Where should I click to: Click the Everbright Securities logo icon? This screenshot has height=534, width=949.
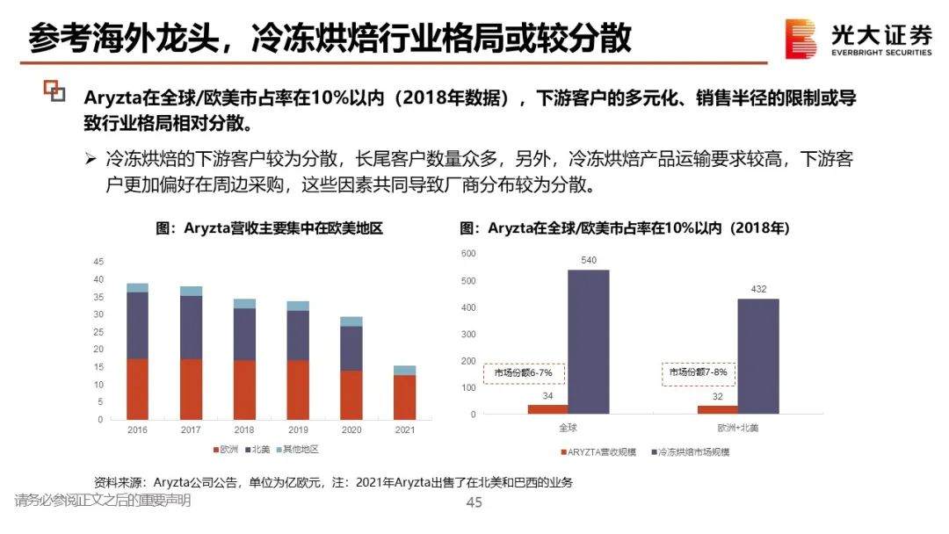[x=800, y=40]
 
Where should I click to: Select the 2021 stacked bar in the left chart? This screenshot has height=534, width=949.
[x=404, y=393]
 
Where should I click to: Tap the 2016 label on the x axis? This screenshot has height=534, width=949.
[x=137, y=430]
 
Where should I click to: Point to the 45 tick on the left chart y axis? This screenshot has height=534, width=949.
[x=98, y=262]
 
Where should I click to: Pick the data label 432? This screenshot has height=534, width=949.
[x=757, y=288]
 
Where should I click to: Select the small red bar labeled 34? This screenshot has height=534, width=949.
[x=547, y=408]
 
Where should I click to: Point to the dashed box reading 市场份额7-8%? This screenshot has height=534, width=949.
[x=698, y=372]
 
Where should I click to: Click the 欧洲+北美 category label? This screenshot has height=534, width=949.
[x=737, y=428]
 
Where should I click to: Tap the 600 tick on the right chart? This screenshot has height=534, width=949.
[x=468, y=254]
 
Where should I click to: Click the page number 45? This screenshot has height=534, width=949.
[x=474, y=502]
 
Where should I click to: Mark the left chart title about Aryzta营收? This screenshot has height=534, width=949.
[x=270, y=228]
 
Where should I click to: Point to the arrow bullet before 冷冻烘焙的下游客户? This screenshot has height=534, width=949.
[x=91, y=160]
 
